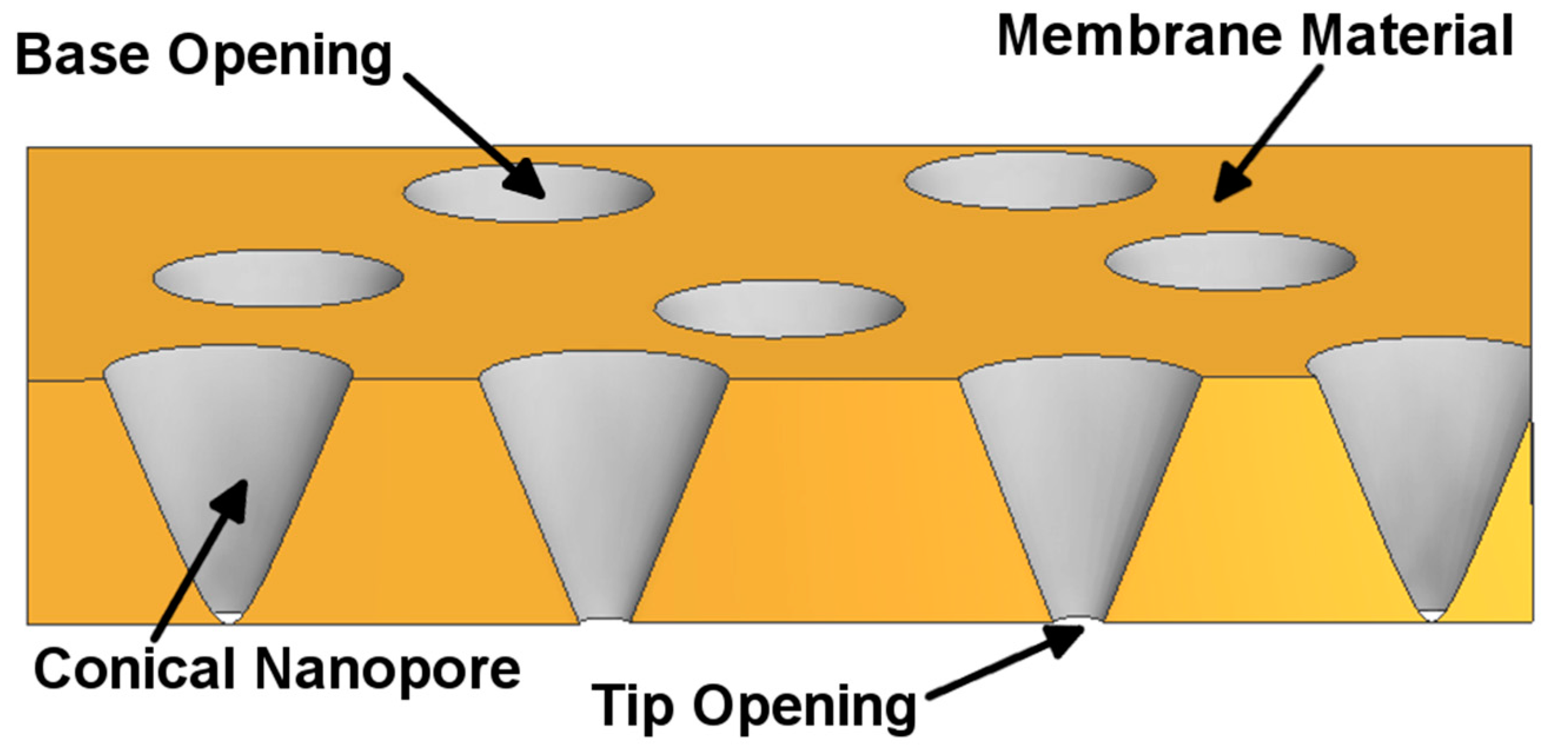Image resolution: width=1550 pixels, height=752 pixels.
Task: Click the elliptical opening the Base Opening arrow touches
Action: (x=527, y=193)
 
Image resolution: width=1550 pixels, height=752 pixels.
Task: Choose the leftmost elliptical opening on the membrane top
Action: (x=277, y=278)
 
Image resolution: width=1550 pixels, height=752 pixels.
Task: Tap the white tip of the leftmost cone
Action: (x=228, y=617)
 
